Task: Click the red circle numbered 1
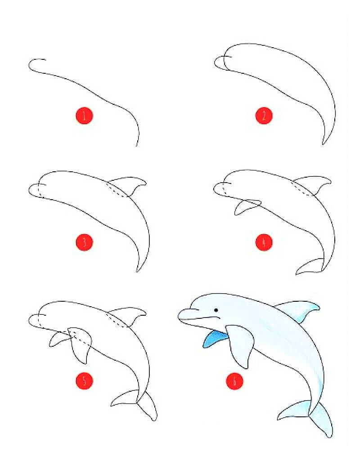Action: (84, 116)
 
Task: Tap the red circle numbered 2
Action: (264, 116)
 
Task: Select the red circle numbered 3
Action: (84, 242)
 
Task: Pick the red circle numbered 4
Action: (264, 242)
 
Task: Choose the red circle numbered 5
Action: (84, 381)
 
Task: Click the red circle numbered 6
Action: (234, 381)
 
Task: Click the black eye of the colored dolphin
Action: (216, 310)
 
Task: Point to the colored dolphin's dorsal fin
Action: (301, 310)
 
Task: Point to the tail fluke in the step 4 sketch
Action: (310, 266)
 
